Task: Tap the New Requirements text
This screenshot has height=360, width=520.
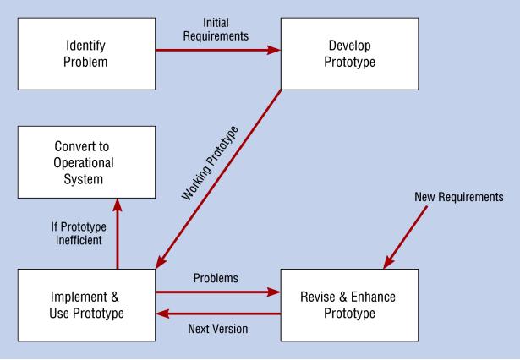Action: [458, 197]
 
